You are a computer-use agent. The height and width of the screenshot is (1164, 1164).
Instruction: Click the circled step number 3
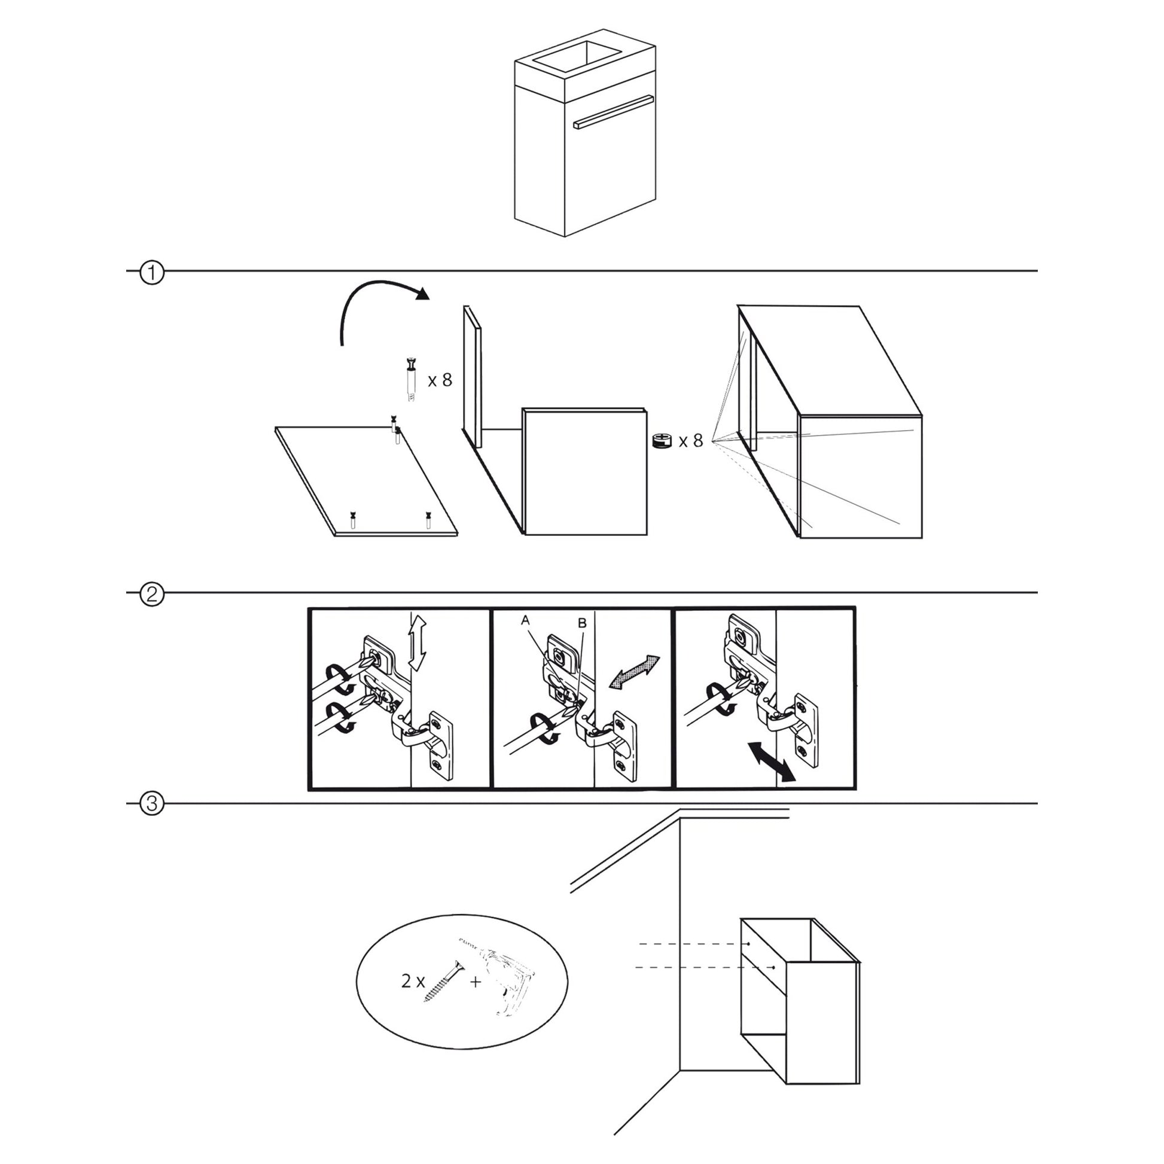click(x=152, y=805)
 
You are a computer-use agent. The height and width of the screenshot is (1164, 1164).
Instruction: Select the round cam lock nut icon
click(x=662, y=440)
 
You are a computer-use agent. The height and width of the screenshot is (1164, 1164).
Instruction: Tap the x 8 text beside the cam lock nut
click(x=691, y=441)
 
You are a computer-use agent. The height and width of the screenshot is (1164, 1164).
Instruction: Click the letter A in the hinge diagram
click(x=525, y=620)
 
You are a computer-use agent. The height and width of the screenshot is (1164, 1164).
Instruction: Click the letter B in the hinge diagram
click(x=581, y=623)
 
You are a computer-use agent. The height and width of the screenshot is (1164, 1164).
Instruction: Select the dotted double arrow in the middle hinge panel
click(x=635, y=671)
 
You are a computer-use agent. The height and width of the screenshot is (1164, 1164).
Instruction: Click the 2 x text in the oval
click(x=413, y=982)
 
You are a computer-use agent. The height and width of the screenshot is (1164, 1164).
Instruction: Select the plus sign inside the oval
click(x=476, y=982)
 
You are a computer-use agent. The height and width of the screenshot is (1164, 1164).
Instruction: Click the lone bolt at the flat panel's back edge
click(x=396, y=428)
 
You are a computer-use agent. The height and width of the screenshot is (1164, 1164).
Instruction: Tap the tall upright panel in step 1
click(x=473, y=377)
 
